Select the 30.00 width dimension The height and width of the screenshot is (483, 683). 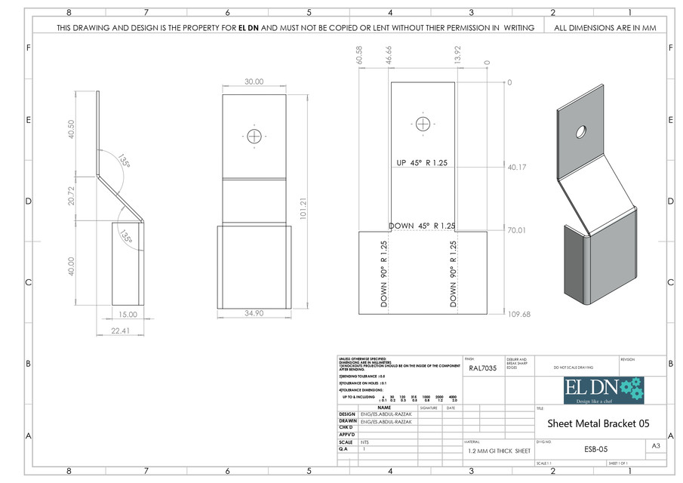254,82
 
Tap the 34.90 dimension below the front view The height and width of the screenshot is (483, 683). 254,312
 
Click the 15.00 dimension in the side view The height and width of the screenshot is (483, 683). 128,314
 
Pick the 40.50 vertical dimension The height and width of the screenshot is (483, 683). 71,129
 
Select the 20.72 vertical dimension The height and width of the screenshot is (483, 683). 71,198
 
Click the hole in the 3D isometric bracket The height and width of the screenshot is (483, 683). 582,131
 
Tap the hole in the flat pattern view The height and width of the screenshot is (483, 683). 423,123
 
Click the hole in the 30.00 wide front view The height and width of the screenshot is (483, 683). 254,136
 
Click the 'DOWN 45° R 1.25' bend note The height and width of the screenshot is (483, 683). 422,226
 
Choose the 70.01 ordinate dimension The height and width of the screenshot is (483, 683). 517,231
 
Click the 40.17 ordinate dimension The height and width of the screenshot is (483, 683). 517,168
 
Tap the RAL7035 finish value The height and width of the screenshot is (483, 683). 483,370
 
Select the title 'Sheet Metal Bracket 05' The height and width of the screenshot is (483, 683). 598,423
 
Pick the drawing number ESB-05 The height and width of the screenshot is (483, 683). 595,448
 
